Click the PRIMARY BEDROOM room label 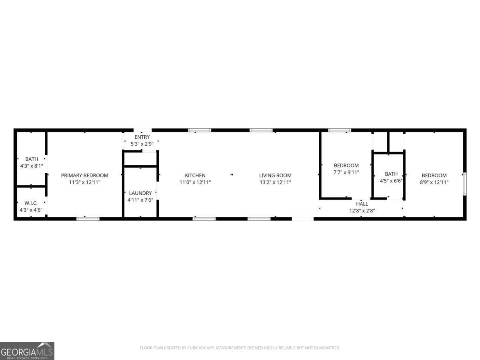tap(84, 175)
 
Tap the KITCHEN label tap(195, 175)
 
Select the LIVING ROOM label tap(275, 175)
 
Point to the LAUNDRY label tap(140, 193)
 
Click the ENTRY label tap(142, 137)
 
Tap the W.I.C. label tap(31, 203)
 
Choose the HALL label tap(362, 204)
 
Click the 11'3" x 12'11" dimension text tap(84, 182)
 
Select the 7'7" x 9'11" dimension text tap(346, 172)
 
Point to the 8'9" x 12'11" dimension tap(434, 182)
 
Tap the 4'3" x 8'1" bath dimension tap(31, 166)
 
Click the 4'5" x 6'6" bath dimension tap(391, 181)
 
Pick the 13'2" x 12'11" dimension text tap(275, 182)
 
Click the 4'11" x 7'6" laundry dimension tap(140, 200)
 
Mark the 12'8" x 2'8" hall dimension tap(362, 210)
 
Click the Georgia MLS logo tap(27, 351)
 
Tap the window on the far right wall tap(464, 184)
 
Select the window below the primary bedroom tap(88, 218)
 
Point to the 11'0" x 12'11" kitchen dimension tap(195, 182)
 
